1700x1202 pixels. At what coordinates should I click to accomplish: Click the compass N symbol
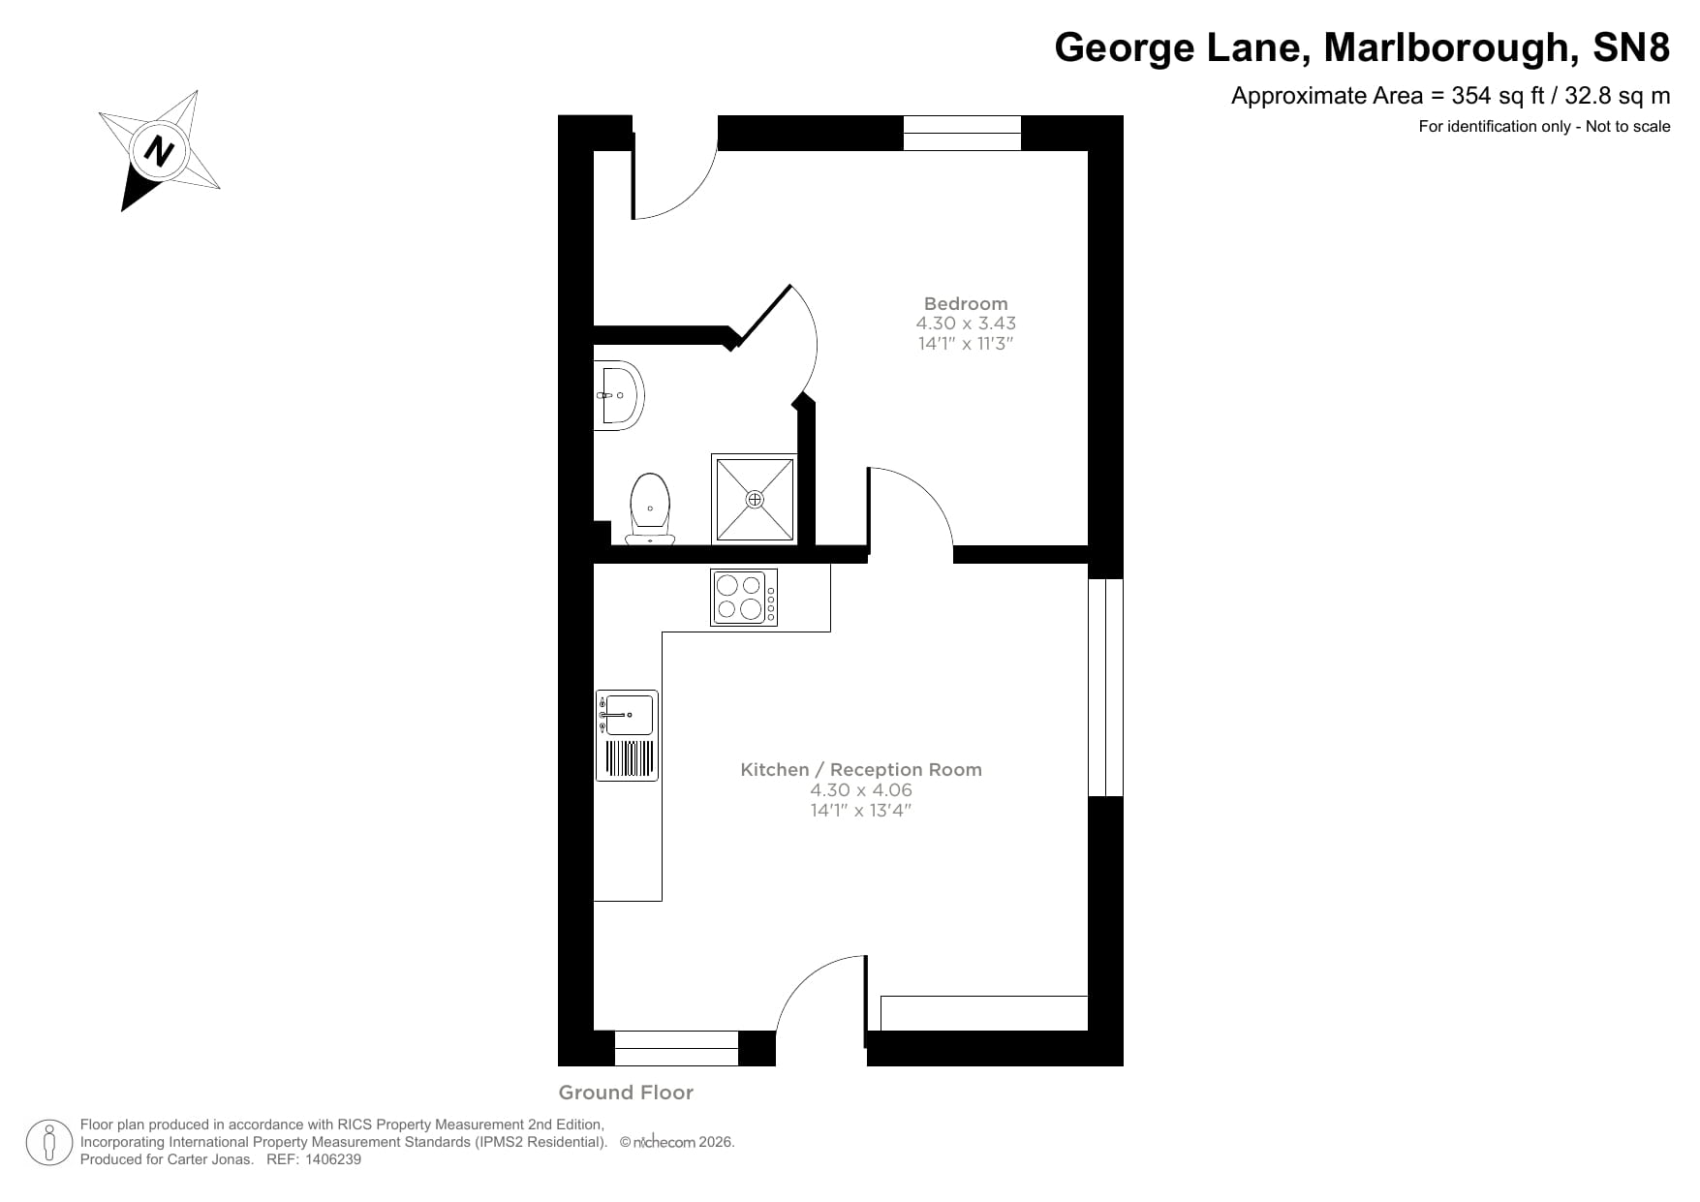[x=158, y=151]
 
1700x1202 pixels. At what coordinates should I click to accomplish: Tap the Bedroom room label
[x=965, y=303]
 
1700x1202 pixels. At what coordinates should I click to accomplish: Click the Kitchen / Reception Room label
[x=860, y=770]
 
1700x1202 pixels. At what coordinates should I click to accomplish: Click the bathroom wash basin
[x=618, y=395]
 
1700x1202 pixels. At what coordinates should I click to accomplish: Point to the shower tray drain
[x=755, y=499]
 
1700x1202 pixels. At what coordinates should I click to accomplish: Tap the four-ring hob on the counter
[x=743, y=597]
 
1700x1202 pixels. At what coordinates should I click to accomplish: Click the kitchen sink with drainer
[x=627, y=735]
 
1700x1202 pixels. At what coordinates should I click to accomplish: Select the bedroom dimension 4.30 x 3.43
[x=965, y=324]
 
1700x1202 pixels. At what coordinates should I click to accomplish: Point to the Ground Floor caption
[x=626, y=1093]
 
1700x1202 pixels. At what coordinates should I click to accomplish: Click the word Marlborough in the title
[x=1445, y=46]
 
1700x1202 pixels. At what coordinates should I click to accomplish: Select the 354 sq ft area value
[x=1498, y=96]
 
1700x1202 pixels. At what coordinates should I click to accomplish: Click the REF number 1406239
[x=333, y=1159]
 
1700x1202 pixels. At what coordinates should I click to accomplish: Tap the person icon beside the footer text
[x=48, y=1143]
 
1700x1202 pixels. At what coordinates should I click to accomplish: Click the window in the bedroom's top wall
[x=962, y=133]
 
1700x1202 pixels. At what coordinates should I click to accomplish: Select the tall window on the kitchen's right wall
[x=1105, y=688]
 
